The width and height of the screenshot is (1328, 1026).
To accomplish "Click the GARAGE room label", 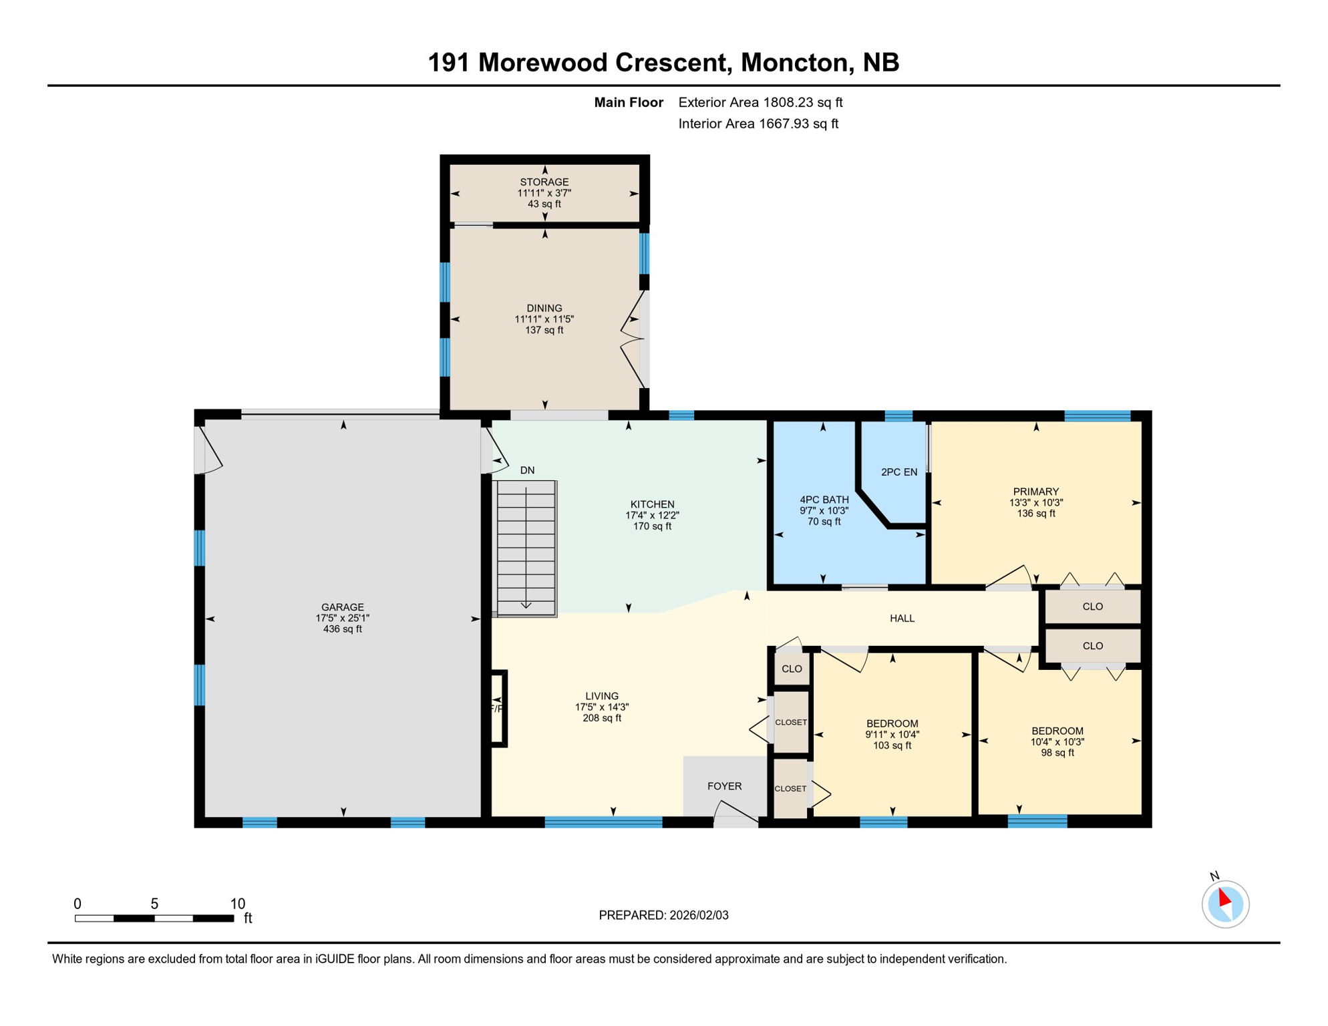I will click(x=342, y=607).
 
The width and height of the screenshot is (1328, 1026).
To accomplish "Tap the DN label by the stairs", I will click(x=527, y=470).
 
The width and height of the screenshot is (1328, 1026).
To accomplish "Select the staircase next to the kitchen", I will click(x=526, y=548).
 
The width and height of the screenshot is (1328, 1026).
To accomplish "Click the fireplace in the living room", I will click(x=498, y=708).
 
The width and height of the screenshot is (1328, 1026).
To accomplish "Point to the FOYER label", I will click(x=724, y=786).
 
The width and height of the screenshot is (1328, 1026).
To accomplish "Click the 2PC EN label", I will click(x=898, y=472).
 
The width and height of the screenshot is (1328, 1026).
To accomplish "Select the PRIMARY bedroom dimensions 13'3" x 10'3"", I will click(x=1035, y=502).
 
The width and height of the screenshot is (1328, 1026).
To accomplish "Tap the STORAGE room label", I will click(x=544, y=182).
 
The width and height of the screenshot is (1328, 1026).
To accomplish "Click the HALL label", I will click(x=902, y=619).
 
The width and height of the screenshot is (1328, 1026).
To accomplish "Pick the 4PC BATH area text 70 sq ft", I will click(x=824, y=522).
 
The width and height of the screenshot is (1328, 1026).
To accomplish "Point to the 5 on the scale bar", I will click(x=154, y=904).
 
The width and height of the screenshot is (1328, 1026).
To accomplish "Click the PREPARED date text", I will click(x=663, y=915).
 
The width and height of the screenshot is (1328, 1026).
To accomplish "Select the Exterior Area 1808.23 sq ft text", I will click(x=760, y=102).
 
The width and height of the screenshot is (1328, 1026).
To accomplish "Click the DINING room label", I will click(x=544, y=308).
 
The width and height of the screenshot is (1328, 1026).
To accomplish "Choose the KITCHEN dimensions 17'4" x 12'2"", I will click(x=652, y=515).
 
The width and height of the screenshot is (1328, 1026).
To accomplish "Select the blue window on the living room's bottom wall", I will click(x=603, y=822).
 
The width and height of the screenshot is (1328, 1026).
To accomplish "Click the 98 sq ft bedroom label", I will click(x=1057, y=753).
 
